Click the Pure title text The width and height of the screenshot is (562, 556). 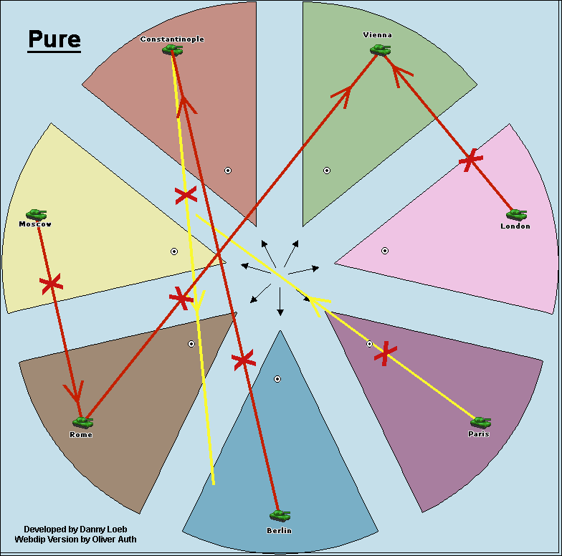54,40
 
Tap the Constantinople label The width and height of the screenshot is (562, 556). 172,39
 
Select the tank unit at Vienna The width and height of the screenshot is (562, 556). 380,49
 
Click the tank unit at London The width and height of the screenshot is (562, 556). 515,214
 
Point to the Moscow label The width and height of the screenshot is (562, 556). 35,224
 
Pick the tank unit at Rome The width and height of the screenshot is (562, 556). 82,422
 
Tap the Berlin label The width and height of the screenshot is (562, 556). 279,530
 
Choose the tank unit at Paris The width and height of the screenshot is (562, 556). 480,422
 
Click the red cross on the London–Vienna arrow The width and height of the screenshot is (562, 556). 470,160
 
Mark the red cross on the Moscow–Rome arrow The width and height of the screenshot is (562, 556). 51,284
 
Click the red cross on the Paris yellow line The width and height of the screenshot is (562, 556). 386,353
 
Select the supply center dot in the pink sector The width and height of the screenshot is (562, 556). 385,251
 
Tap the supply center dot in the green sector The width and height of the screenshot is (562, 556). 327,171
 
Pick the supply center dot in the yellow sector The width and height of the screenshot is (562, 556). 174,251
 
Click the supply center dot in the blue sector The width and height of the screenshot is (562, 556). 277,378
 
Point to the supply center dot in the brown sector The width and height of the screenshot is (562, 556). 191,344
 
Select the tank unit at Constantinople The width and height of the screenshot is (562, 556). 171,49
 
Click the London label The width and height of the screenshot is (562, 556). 515,226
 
